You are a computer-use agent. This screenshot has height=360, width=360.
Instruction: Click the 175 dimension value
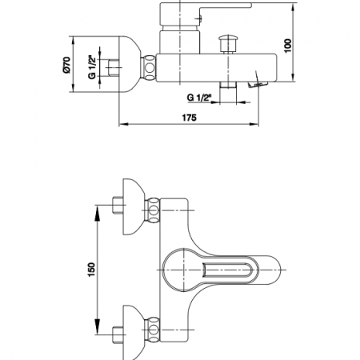pyautogui.click(x=189, y=118)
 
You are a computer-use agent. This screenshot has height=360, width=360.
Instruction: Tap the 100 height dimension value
pyautogui.click(x=288, y=46)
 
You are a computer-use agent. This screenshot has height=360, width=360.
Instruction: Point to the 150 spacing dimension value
pyautogui.click(x=91, y=270)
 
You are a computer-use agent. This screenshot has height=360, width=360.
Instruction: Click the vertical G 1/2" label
pyautogui.click(x=92, y=67)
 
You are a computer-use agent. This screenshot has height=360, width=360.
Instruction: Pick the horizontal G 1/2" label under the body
pyautogui.click(x=199, y=98)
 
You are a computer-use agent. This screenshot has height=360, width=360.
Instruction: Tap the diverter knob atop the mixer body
pyautogui.click(x=228, y=44)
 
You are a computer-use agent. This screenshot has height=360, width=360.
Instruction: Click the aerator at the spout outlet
pyautogui.click(x=258, y=85)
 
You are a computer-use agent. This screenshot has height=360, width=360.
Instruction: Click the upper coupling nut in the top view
pyautogui.click(x=153, y=210)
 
